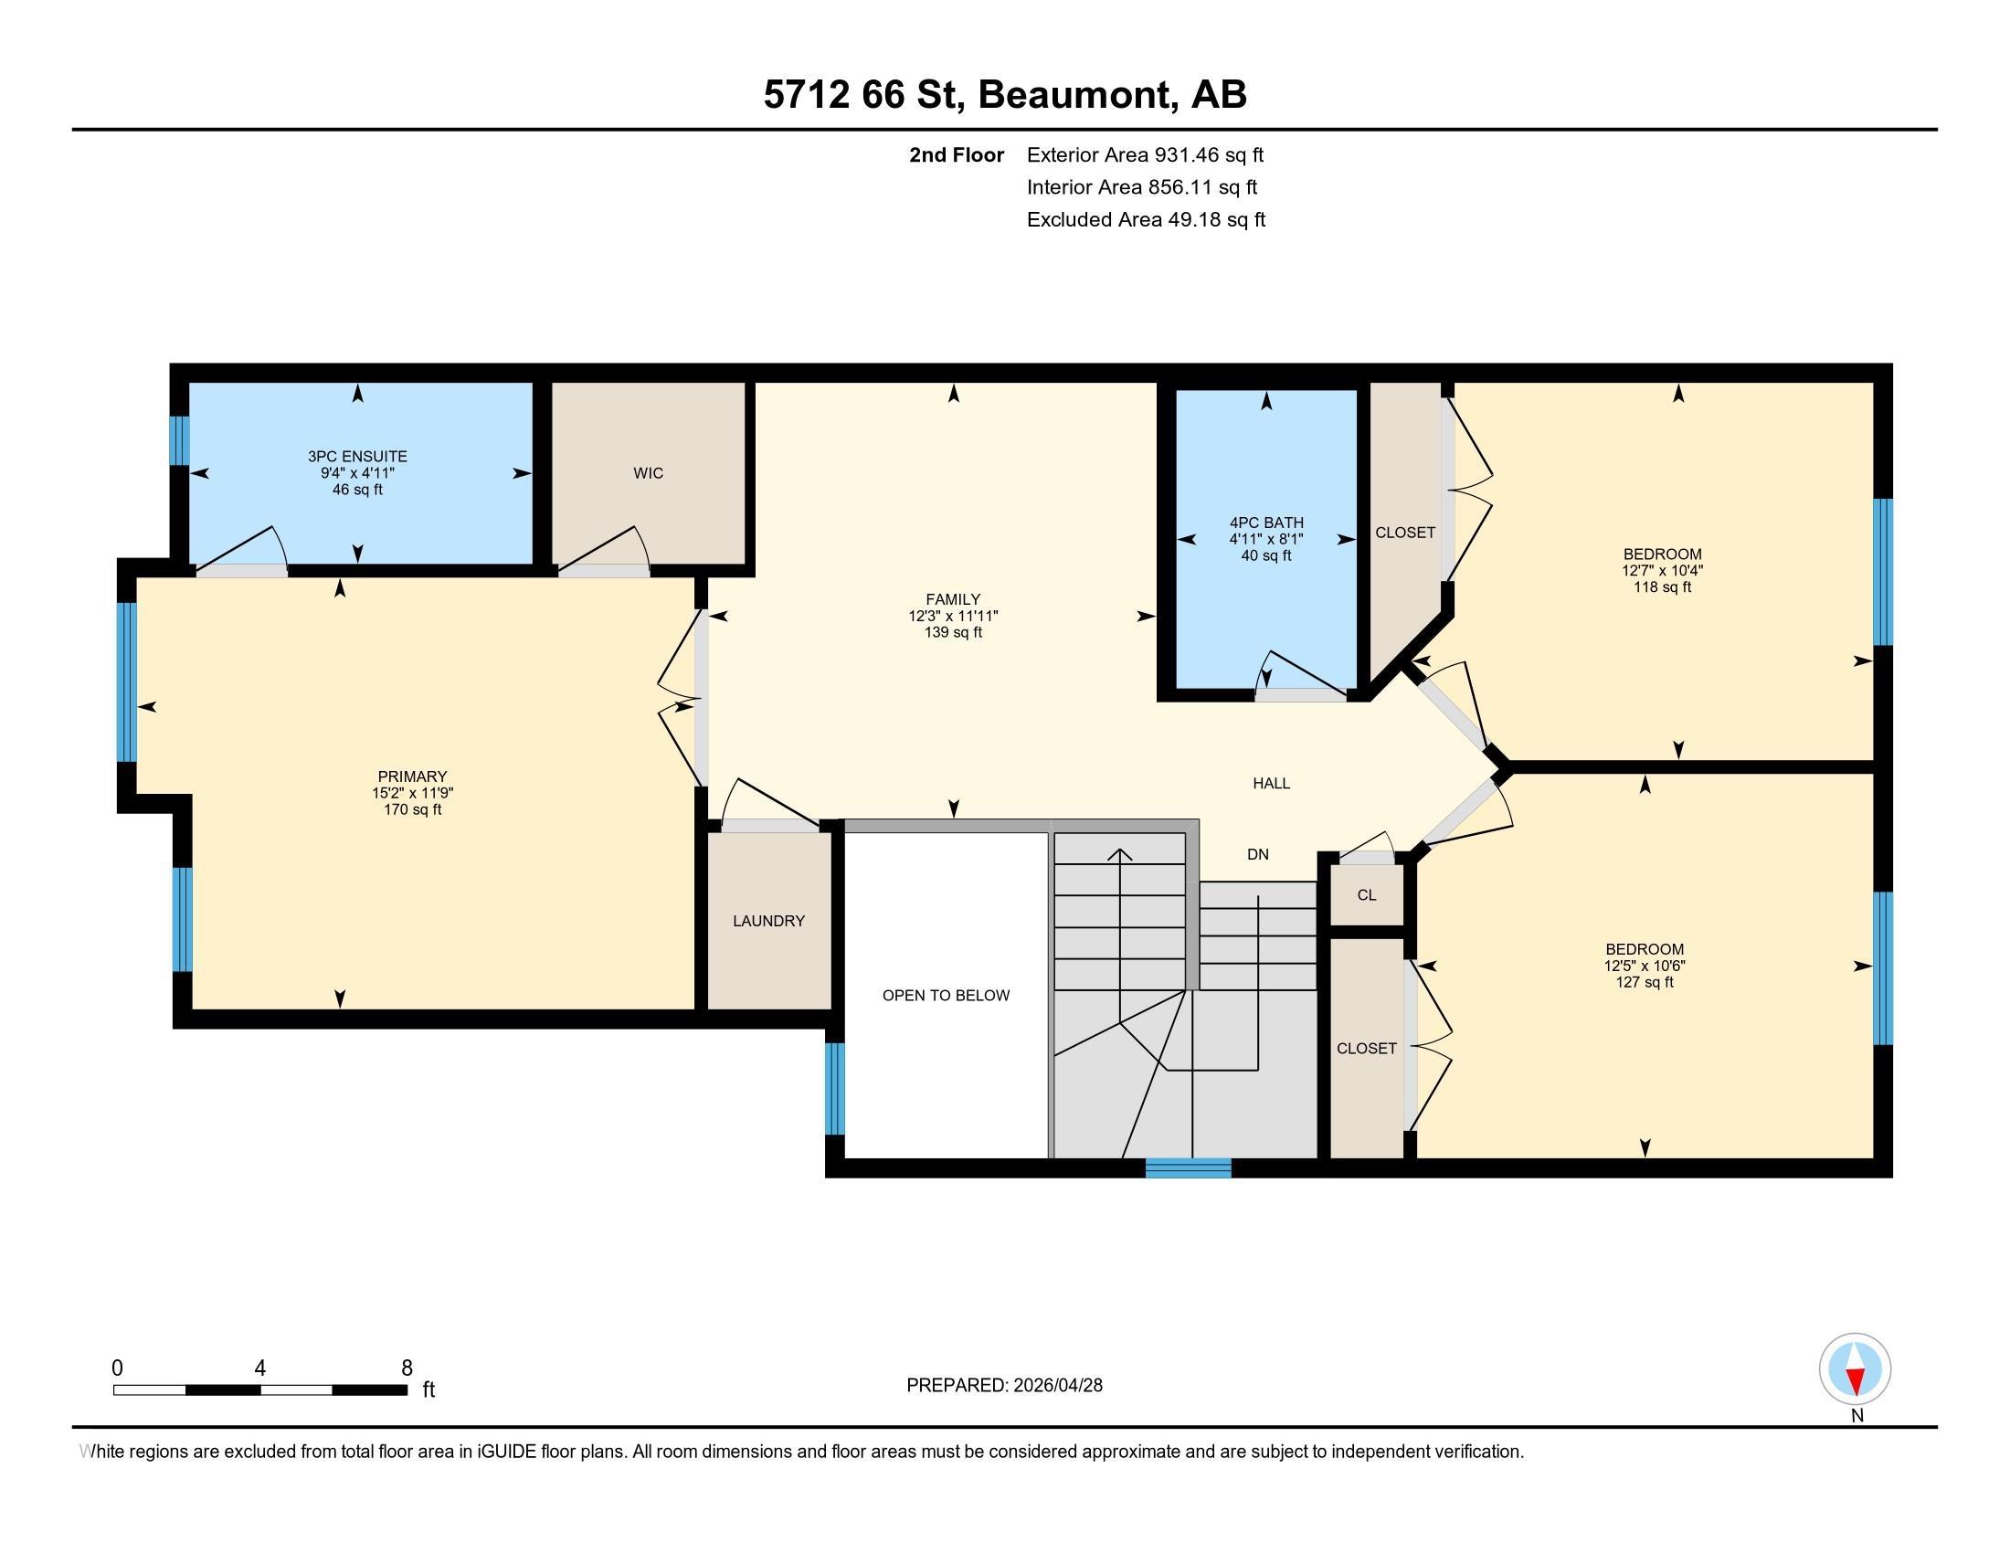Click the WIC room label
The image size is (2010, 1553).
[x=648, y=473]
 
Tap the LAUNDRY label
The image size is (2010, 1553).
[x=768, y=921]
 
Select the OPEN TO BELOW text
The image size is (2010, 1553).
[x=947, y=996]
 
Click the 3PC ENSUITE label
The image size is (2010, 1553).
[x=357, y=457]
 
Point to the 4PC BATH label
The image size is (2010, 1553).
[x=1266, y=523]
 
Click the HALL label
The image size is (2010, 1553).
[x=1271, y=783]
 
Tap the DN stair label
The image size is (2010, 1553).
[x=1258, y=854]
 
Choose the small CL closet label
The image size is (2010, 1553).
[x=1367, y=895]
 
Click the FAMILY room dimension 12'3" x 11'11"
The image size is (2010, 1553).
[x=954, y=617]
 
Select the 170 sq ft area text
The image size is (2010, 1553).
[x=412, y=809]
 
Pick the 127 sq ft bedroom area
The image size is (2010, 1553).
[x=1645, y=983]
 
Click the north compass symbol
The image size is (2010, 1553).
[x=1856, y=1369]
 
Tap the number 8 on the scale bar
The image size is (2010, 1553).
[x=407, y=1368]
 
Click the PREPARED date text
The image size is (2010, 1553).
[x=1004, y=1386]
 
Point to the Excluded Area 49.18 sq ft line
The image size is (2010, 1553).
[x=1146, y=220]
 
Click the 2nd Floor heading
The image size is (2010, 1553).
[x=957, y=155]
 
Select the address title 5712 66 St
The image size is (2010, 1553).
[x=864, y=95]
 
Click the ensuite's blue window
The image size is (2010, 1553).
[x=180, y=440]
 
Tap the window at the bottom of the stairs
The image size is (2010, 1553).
[x=1188, y=1168]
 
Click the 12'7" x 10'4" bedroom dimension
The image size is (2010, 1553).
[x=1662, y=570]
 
